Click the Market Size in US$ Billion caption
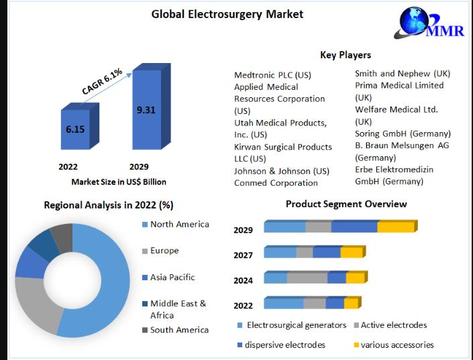[x=119, y=182]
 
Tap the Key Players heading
[x=346, y=55]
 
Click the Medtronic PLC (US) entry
[x=272, y=75]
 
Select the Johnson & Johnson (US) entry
[x=281, y=171]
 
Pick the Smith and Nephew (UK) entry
[x=403, y=73]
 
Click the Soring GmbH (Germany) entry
[x=403, y=133]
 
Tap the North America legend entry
[x=179, y=225]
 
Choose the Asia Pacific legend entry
[x=172, y=277]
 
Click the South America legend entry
[x=178, y=330]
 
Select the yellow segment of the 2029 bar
[x=396, y=227]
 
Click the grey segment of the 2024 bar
[x=307, y=278]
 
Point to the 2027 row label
[x=243, y=255]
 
